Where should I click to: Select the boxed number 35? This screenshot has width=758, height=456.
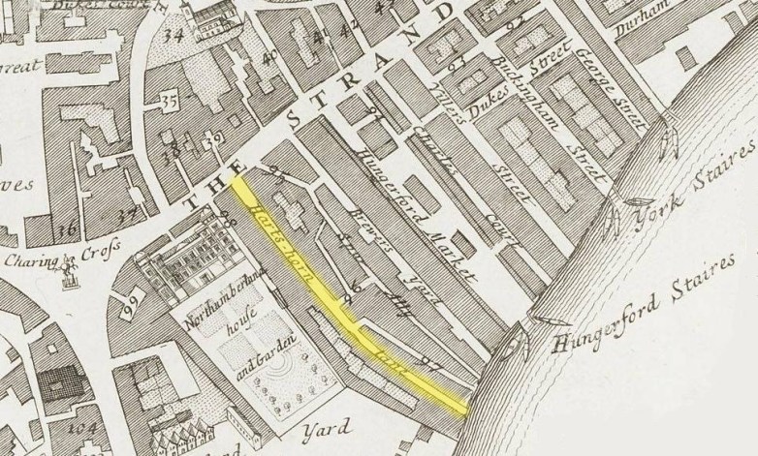pos(171,100)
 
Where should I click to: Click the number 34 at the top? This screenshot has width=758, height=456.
pos(174,37)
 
